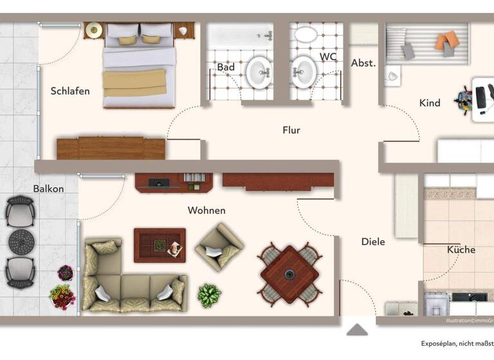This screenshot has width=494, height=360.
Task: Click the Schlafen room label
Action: coord(70,91)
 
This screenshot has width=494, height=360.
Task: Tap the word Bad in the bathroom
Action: coord(225,67)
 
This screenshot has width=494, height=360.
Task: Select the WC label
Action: coord(328,57)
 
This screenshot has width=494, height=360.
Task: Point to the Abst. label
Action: coord(363,63)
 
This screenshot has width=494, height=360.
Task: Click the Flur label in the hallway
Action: coord(291,130)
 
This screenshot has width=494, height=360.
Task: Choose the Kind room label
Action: coord(430,103)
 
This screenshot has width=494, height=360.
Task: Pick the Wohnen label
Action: coord(206,210)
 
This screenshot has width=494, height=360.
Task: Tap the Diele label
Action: coord(373,242)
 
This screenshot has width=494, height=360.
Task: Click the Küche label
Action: coord(461,249)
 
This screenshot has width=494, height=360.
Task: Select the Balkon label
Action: coord(49,188)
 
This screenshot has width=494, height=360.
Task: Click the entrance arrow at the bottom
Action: coord(357,330)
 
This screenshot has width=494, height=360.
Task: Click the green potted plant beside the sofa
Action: coord(209,295)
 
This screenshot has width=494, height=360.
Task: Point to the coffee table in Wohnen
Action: coord(159,245)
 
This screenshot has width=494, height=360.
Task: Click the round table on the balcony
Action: coord(20,241)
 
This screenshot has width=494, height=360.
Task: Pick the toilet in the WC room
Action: coord(306,33)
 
